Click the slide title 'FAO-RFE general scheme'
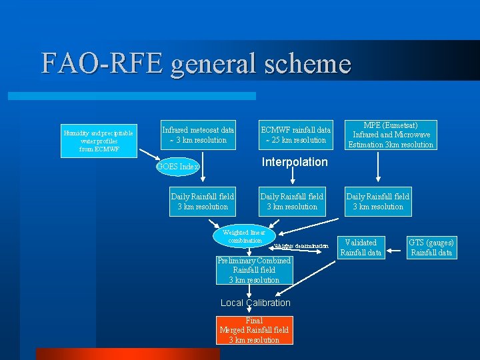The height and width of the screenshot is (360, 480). [195, 63]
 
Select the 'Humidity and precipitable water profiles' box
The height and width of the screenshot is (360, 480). [98, 141]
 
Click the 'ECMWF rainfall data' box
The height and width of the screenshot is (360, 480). [295, 135]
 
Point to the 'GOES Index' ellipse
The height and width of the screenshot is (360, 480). [178, 167]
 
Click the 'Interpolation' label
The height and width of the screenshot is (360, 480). [295, 162]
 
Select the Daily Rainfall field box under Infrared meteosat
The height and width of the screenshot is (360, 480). [203, 201]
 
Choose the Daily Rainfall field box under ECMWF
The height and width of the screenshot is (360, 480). [292, 201]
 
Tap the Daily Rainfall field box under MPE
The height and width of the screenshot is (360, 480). [377, 201]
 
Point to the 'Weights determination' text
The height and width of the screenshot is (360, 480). [301, 246]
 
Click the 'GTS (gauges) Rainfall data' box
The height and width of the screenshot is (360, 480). [431, 247]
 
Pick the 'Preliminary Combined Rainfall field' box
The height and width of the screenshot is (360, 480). [254, 270]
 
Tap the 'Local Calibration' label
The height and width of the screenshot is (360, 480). [255, 303]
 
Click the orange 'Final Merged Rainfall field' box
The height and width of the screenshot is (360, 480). [254, 330]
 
